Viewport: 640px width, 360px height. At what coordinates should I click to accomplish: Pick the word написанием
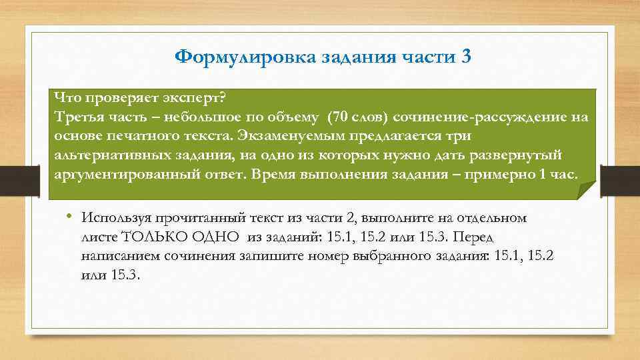pos(116,256)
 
